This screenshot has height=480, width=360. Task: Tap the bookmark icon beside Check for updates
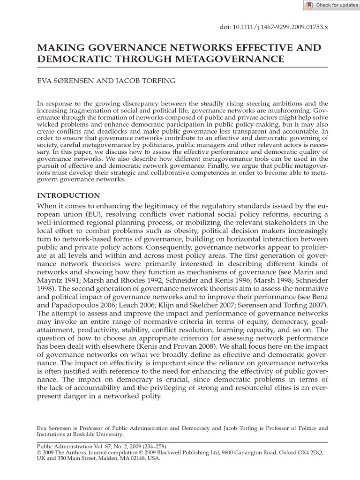pyautogui.click(x=310, y=5)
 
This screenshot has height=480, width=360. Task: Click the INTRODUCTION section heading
pyautogui.click(x=68, y=195)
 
